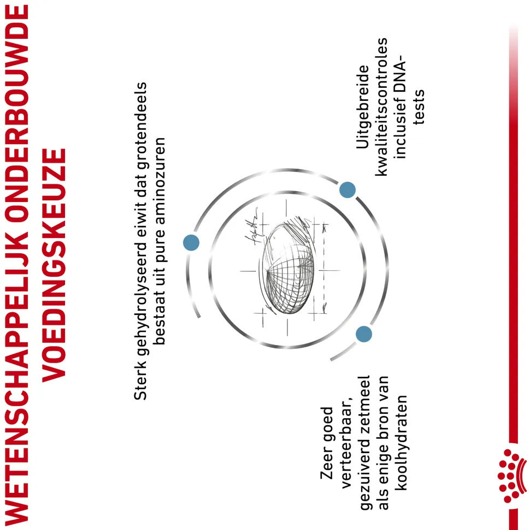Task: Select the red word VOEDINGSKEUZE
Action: [x=54, y=265]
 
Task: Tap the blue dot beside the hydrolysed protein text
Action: [x=191, y=243]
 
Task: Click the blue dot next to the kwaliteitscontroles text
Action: [x=348, y=189]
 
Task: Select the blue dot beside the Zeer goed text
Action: [x=364, y=334]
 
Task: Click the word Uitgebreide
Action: [x=363, y=107]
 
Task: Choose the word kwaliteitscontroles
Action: [x=381, y=107]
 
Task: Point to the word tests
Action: [x=419, y=107]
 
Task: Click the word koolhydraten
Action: [x=401, y=442]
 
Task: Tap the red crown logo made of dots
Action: [x=512, y=475]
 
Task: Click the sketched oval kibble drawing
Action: [x=288, y=267]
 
